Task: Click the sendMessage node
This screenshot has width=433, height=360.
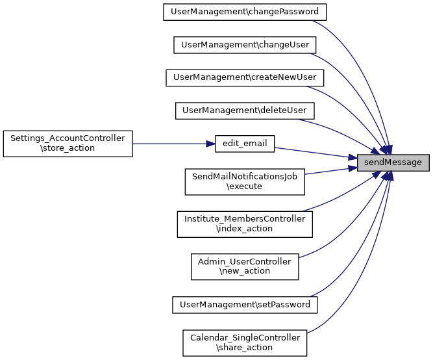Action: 393,162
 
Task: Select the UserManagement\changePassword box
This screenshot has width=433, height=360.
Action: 245,12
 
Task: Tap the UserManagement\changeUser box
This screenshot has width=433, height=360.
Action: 245,45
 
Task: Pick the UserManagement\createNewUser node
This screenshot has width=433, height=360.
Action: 245,77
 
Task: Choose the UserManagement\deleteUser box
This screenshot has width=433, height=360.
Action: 245,110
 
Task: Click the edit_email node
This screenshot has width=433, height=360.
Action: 245,144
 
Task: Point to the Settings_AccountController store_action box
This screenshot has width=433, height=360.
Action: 68,143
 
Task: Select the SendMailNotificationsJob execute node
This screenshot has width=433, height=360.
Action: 245,181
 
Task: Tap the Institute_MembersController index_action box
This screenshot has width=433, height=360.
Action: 245,224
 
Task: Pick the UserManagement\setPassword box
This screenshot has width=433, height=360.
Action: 245,303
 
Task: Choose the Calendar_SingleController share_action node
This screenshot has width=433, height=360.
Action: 245,342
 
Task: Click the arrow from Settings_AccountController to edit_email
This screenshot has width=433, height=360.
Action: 173,144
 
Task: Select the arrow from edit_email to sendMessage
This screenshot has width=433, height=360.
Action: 315,153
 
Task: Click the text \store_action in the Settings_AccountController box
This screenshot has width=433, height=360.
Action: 68,148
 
